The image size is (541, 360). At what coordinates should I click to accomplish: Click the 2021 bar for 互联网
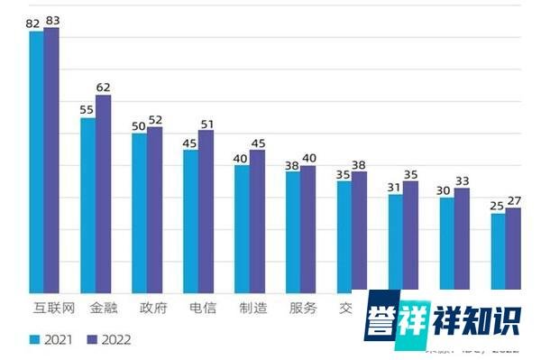[36, 162]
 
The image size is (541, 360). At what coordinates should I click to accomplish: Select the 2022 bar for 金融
[103, 194]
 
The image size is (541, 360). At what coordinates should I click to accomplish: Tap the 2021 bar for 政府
[139, 212]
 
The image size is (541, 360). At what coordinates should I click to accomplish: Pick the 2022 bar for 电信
[206, 212]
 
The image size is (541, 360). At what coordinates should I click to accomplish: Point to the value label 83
[51, 20]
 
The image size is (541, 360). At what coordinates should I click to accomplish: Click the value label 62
[103, 88]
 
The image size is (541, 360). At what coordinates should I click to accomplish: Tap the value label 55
[87, 110]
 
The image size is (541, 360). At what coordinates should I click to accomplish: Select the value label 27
[514, 200]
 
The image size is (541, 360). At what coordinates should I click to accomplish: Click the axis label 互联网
[43, 308]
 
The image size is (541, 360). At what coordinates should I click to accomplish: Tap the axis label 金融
[102, 308]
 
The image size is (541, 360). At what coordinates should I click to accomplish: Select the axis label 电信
[201, 308]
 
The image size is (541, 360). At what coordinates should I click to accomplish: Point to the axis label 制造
[252, 308]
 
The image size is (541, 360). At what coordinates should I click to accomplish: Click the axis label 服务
[303, 308]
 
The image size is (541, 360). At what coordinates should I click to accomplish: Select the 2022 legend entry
[108, 340]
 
